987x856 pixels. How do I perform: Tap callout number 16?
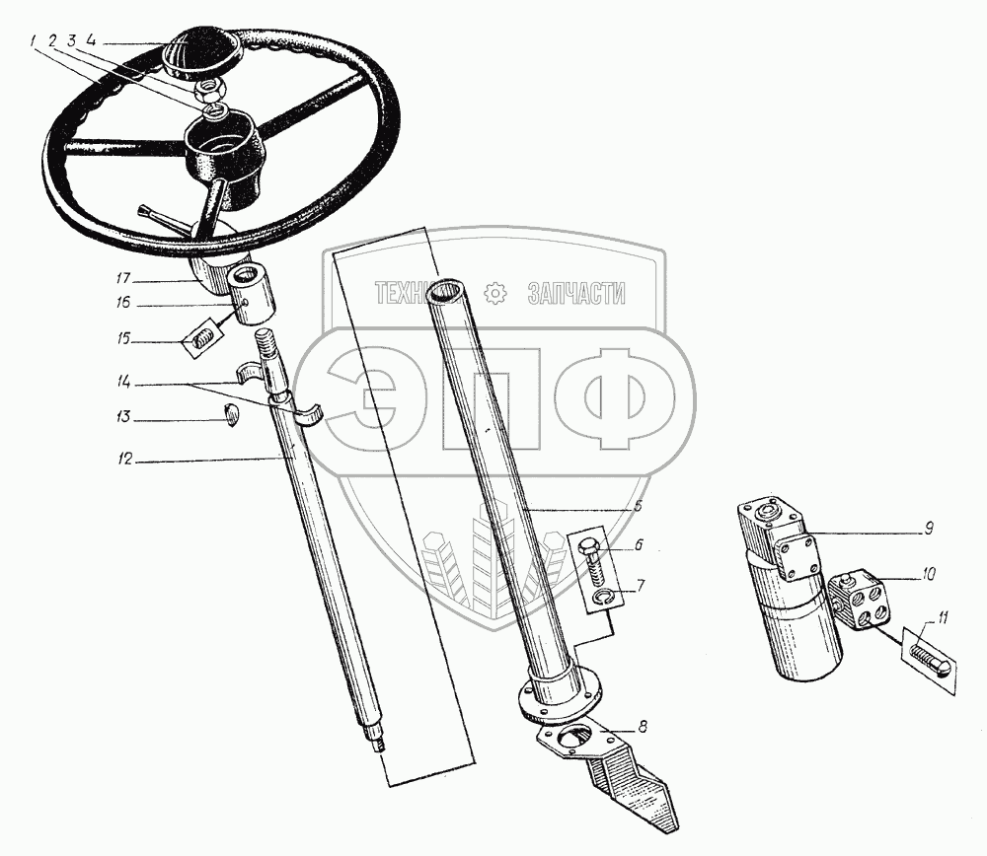[x=123, y=304]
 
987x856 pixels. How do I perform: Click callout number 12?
[x=123, y=460]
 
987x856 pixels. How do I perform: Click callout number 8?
[x=643, y=728]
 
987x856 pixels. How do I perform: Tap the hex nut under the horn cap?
[x=208, y=90]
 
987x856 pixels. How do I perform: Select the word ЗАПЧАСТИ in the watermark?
[x=576, y=293]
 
